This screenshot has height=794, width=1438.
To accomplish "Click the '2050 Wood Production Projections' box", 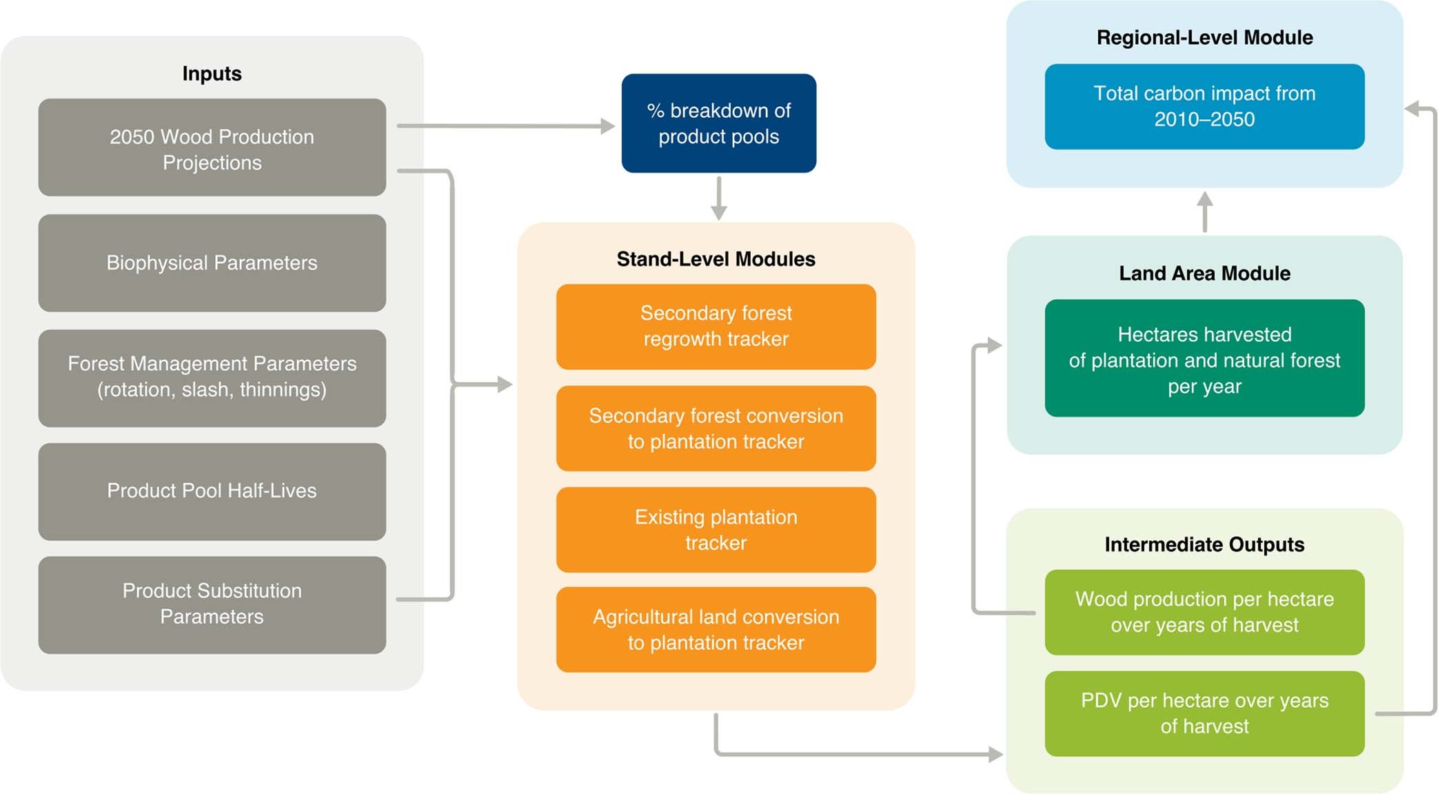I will pos(212,147).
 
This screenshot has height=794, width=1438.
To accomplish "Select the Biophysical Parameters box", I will pos(212,263).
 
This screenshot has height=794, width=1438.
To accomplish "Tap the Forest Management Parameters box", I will pos(212,377).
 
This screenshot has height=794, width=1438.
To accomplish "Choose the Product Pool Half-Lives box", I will pos(212,491).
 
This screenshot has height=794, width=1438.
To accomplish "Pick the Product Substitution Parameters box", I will pos(212,604).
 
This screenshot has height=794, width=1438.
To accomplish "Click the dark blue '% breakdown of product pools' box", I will pos(718,123).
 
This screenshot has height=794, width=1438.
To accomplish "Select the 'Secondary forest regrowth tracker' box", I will pos(716,326).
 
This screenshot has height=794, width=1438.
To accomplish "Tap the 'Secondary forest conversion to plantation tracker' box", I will pos(716,428).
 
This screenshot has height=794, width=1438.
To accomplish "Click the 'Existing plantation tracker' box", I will pos(716,529).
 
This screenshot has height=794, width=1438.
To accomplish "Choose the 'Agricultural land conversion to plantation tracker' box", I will pos(716,629).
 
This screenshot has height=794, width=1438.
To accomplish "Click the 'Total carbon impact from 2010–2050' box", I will pos(1204,106).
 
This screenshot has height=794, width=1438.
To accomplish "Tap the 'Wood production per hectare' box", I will pos(1204,611).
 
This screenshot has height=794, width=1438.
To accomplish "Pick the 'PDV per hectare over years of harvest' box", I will pos(1204,713).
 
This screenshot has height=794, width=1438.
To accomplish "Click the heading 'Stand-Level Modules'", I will pos(716,259).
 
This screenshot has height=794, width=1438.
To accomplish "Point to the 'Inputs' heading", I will pos(212,74).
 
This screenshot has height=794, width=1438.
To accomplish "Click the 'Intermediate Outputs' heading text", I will pos(1204,544).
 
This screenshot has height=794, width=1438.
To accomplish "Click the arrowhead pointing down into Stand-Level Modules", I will pos(718,212).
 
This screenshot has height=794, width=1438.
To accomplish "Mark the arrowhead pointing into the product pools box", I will pos(607,126).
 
